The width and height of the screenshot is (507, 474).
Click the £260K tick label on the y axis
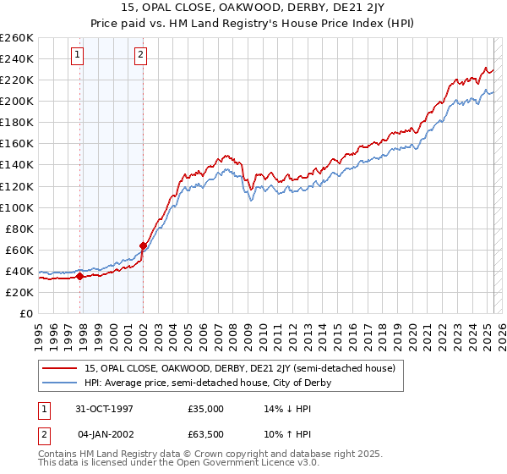pos(17,38)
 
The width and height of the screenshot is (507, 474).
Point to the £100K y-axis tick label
pos(17,207)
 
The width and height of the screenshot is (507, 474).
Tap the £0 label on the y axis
pos(27,313)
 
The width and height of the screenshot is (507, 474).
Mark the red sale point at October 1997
pos(79,275)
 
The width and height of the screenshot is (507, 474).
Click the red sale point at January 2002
pos(143,245)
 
